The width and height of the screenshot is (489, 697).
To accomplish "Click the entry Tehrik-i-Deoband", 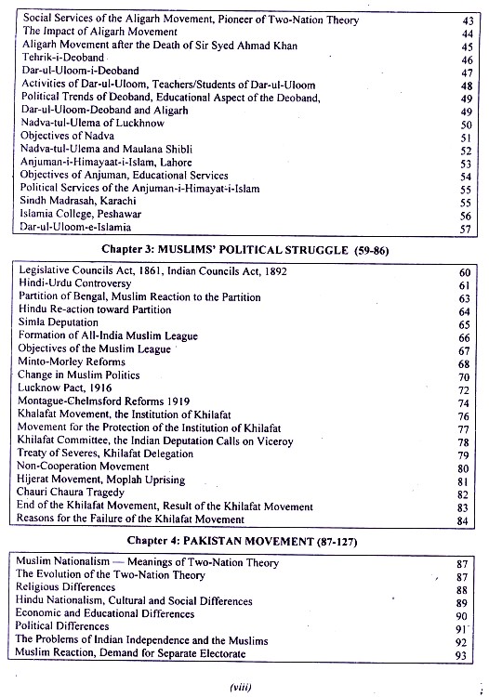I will (x=62, y=58).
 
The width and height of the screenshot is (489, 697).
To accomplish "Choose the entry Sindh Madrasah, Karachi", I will (x=77, y=201).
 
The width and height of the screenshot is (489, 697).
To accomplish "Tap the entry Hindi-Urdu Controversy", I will (x=74, y=283).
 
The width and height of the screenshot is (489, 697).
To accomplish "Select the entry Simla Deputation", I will (x=60, y=322).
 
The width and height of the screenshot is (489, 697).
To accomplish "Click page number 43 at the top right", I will (x=466, y=19).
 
